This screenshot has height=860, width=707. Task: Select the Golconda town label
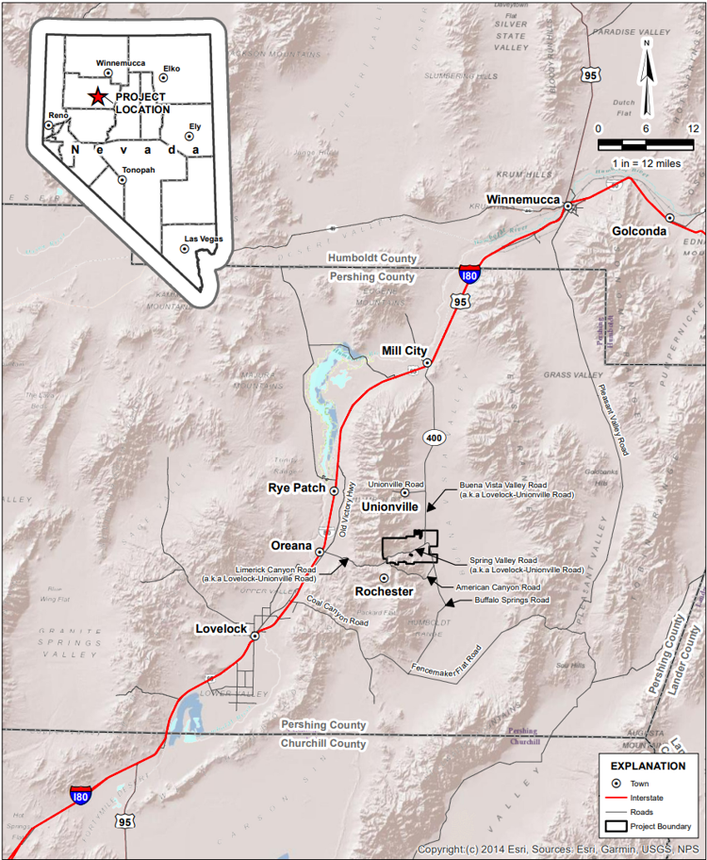639,230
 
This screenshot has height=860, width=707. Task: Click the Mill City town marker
427,362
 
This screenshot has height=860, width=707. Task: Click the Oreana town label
291,546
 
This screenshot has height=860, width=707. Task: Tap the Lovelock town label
222,628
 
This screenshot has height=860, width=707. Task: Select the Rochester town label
384,591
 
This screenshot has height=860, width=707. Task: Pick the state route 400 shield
433,438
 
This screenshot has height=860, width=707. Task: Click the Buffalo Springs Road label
511,600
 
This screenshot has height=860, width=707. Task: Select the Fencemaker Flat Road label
447,659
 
